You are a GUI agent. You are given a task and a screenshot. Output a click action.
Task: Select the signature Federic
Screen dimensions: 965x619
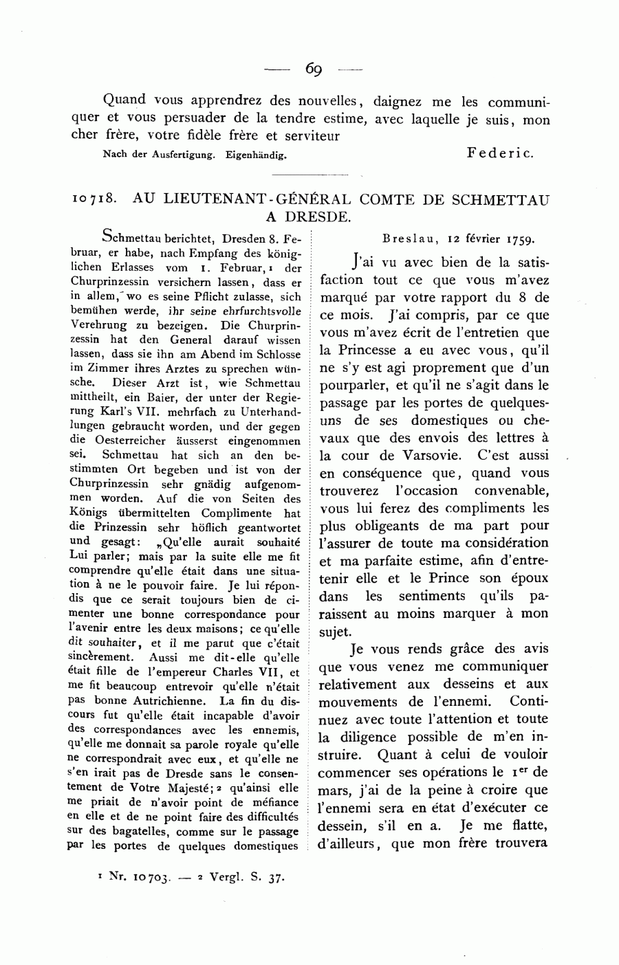500,153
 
